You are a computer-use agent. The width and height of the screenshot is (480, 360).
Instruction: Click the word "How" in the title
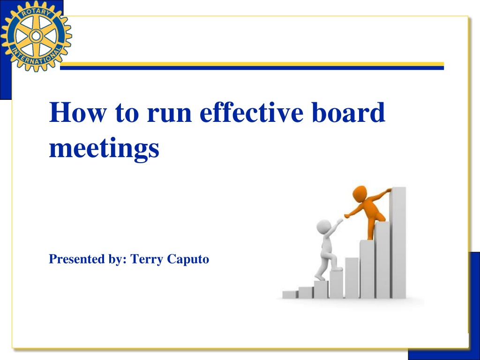pos(78,112)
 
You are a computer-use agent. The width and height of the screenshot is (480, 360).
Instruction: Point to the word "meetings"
pos(104,149)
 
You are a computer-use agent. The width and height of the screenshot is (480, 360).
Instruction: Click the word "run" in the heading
pos(169,115)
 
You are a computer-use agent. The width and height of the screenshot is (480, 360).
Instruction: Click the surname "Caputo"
pos(188,260)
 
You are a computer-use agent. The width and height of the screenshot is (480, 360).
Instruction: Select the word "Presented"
pos(77,259)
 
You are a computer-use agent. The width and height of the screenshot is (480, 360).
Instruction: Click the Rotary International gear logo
pos(36,36)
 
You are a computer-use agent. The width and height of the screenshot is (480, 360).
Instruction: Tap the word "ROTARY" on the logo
pos(36,13)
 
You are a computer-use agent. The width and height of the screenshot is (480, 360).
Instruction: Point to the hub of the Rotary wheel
pos(36,36)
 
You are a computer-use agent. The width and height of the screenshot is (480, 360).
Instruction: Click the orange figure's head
pos(360,194)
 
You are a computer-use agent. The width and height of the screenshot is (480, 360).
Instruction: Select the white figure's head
pos(323,227)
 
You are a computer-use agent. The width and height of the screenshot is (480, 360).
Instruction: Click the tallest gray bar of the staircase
pos(397,242)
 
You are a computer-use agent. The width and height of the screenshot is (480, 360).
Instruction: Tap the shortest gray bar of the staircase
pos(290,294)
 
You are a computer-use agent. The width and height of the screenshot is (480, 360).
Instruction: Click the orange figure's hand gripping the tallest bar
pos(388,190)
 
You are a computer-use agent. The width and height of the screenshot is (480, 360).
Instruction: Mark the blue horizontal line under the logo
pos(252,68)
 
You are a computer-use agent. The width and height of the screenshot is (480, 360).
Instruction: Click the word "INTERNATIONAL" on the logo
pos(36,57)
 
